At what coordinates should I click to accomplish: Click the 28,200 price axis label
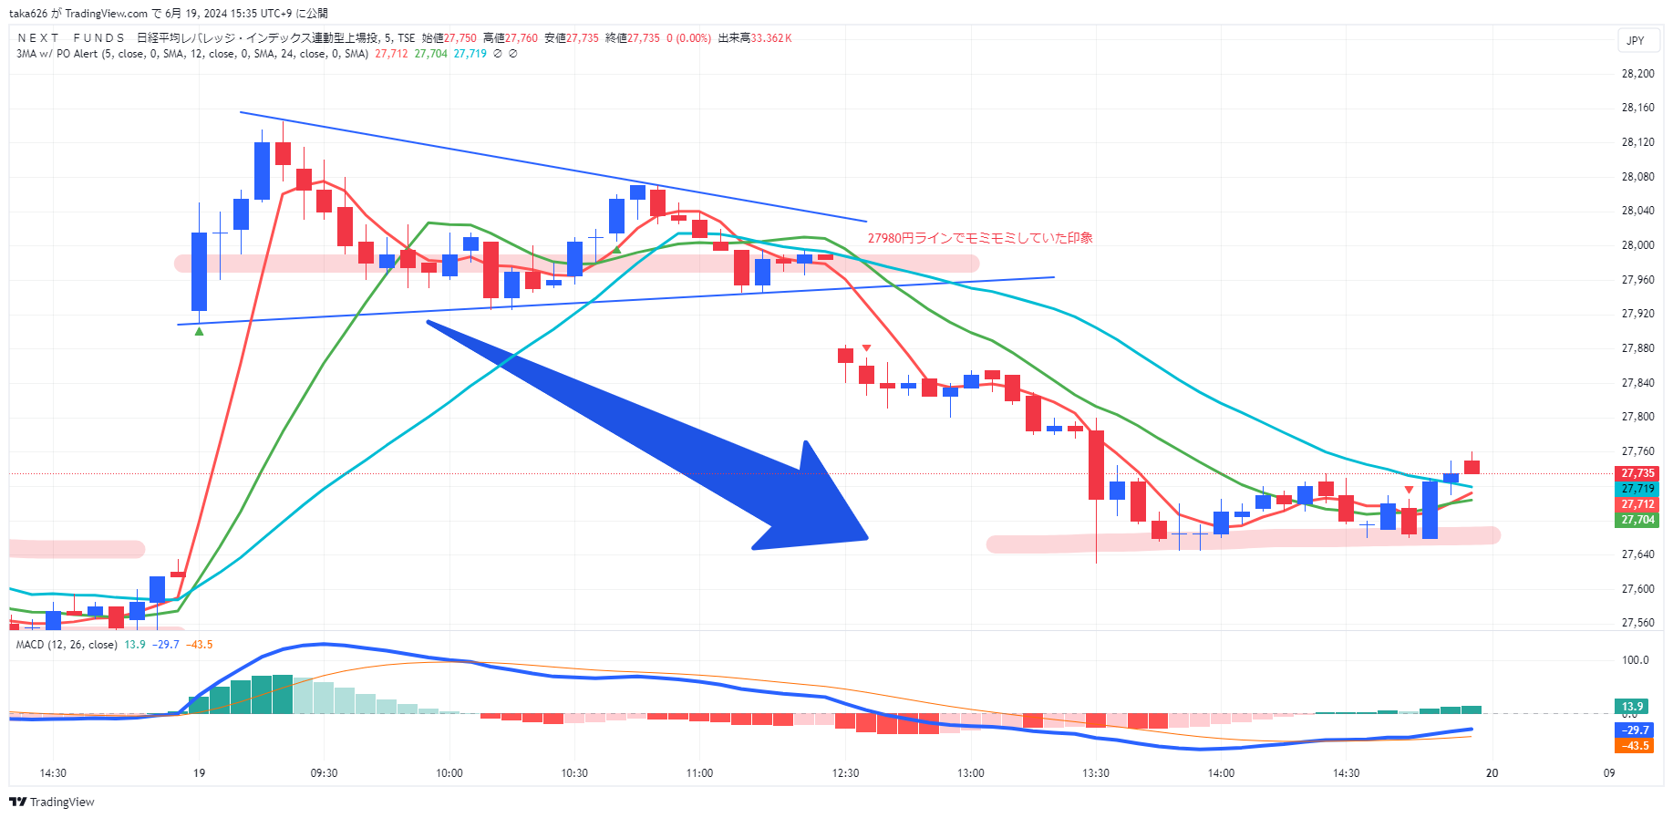pos(1637,74)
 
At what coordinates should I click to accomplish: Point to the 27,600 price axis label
pos(1637,589)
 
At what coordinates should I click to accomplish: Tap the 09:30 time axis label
pos(324,773)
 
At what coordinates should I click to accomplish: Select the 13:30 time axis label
pos(1095,773)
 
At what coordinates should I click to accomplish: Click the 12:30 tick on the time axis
pos(845,773)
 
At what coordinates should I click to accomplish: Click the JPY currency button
pos(1636,40)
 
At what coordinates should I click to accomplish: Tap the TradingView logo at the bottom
pos(52,802)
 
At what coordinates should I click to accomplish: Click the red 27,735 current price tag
pos(1637,473)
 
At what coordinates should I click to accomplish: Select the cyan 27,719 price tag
pos(1637,489)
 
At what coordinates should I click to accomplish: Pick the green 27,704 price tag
pos(1637,520)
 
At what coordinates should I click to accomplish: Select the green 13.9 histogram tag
pos(1631,707)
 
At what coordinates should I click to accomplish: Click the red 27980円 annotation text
pos(979,238)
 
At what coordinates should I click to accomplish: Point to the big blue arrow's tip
pos(865,538)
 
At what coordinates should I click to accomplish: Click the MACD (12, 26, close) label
pos(67,645)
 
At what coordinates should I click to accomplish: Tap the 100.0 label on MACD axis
pos(1635,660)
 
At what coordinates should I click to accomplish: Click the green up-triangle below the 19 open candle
pos(200,331)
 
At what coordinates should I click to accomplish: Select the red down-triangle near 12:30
pos(866,348)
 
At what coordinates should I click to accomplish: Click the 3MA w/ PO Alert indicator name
pos(57,54)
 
